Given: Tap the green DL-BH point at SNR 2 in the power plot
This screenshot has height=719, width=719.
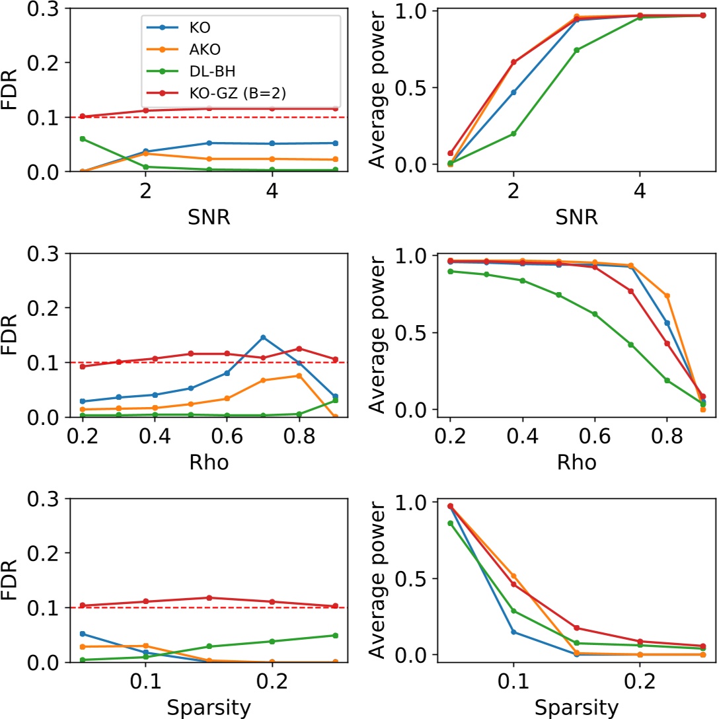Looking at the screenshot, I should [513, 133].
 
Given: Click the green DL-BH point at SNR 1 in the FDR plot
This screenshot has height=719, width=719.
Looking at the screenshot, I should [83, 139].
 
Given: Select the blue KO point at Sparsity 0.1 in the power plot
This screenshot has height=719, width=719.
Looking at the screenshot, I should [513, 632].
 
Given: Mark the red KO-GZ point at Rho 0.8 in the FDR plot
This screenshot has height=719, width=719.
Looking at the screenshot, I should [299, 348].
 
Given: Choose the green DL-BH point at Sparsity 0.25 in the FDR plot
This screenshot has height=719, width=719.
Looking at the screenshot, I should [336, 635].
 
